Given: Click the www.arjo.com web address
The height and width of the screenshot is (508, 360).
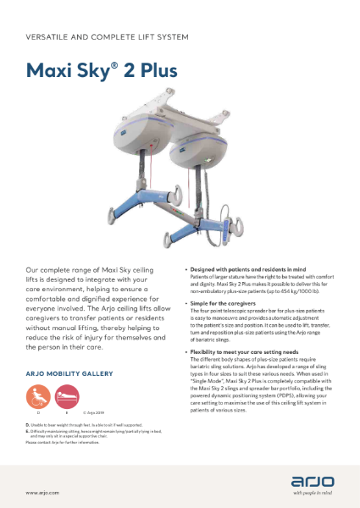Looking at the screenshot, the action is [x=42, y=492].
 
